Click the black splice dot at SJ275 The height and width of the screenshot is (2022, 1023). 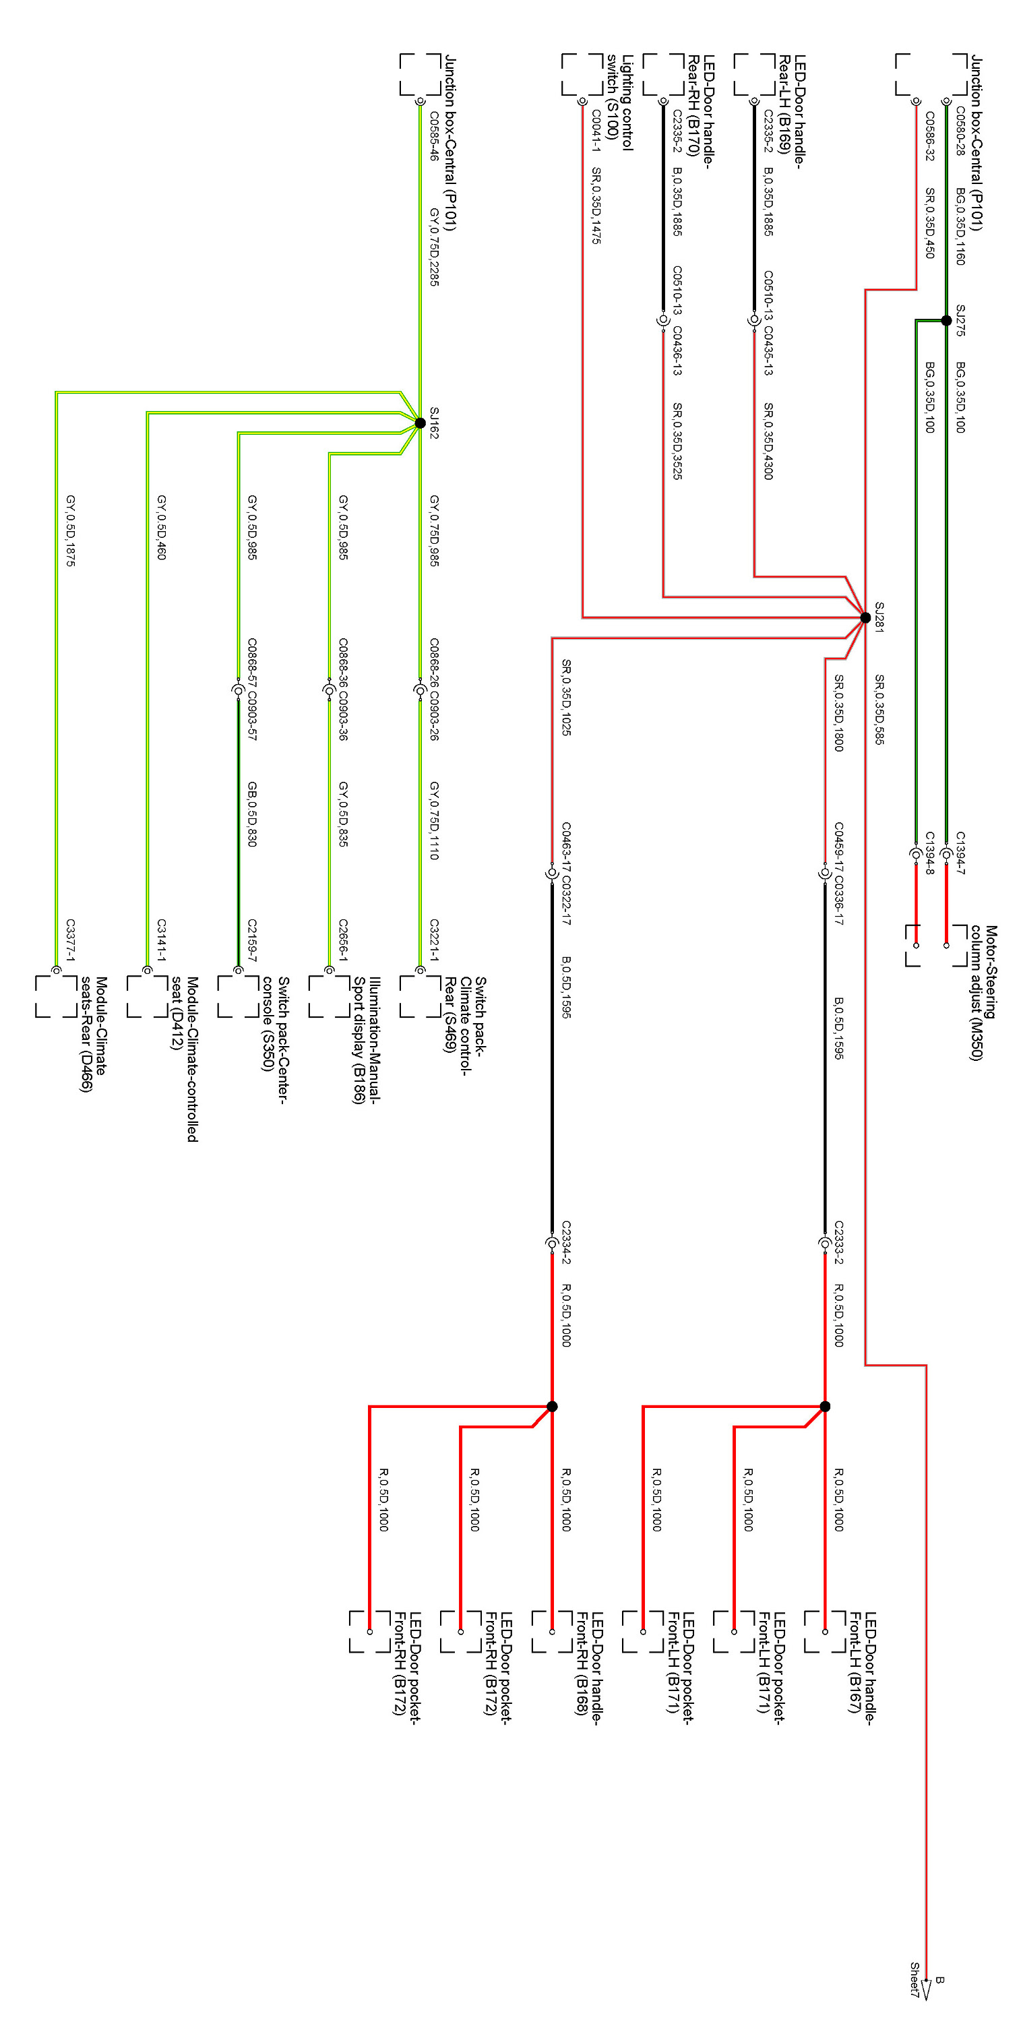point(946,320)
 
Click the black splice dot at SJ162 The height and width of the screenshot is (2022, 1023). point(420,423)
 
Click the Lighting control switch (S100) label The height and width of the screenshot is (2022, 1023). point(619,102)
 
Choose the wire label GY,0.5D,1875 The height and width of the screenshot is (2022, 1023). point(71,530)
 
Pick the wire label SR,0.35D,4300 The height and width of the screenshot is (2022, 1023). point(768,441)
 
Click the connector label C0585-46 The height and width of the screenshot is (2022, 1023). point(433,135)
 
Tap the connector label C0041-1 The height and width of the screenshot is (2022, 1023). point(596,130)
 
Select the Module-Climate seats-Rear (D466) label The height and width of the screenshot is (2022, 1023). point(94,1034)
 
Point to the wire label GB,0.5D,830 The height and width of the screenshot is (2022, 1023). point(252,814)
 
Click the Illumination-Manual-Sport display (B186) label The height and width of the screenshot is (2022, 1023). point(367,1039)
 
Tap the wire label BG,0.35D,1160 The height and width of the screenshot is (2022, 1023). point(960,226)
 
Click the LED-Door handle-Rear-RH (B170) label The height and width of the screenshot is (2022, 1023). point(700,105)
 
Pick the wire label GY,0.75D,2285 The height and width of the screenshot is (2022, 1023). point(433,247)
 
